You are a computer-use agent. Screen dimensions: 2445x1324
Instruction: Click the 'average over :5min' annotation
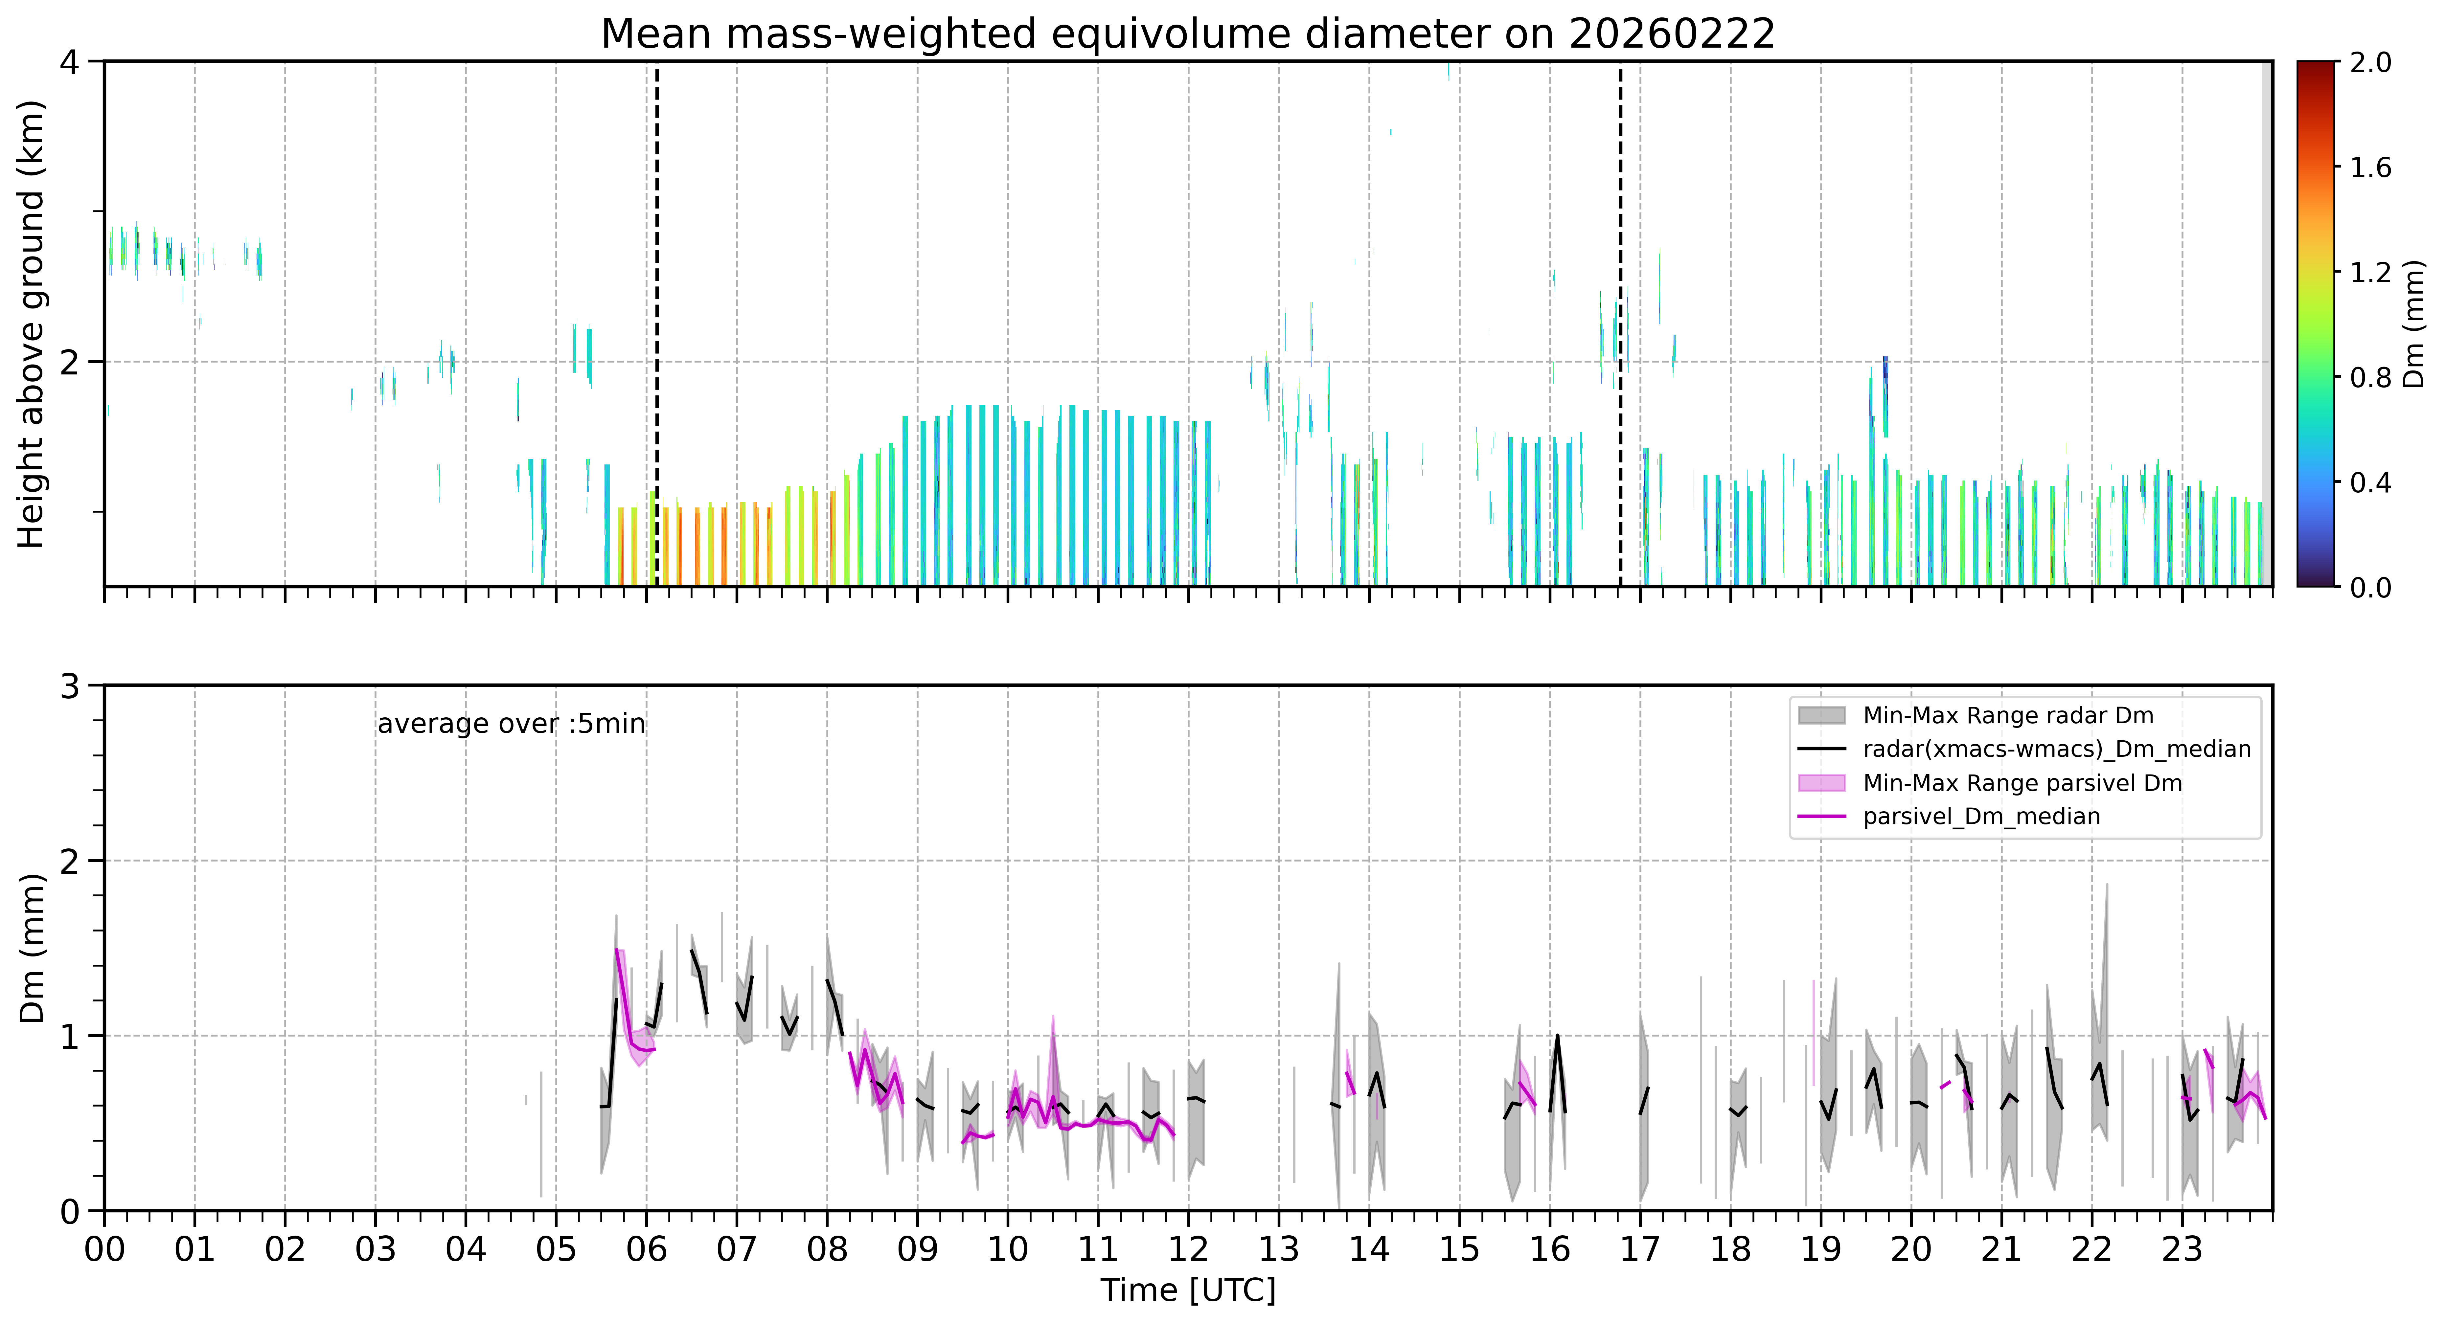point(511,724)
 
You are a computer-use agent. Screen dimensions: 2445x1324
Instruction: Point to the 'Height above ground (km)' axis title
point(31,324)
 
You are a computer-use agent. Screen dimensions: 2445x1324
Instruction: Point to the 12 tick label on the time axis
point(1188,1250)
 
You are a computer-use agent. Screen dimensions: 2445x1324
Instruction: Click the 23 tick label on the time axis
point(2181,1250)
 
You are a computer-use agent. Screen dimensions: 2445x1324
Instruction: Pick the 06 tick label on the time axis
point(646,1250)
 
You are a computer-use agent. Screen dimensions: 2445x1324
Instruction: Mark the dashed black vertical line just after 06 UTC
point(657,324)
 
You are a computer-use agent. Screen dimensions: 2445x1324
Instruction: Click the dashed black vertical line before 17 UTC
point(1620,324)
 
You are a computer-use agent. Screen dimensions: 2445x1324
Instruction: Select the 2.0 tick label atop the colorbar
point(2370,63)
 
